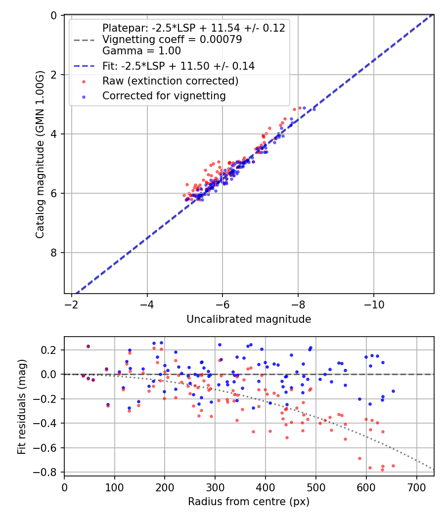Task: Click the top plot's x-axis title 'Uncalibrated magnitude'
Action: click(249, 319)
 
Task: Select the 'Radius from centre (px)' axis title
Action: click(249, 502)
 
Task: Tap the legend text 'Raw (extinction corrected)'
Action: click(170, 81)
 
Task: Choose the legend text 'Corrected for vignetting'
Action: click(164, 96)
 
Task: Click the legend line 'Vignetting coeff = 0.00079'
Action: click(172, 40)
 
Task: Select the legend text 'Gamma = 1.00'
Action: click(141, 50)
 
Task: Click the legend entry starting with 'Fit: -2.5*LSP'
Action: click(178, 66)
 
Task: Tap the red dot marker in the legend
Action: click(84, 81)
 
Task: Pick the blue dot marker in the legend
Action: click(84, 96)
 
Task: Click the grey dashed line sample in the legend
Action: click(84, 40)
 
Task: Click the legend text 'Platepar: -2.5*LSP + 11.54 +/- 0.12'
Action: click(193, 28)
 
